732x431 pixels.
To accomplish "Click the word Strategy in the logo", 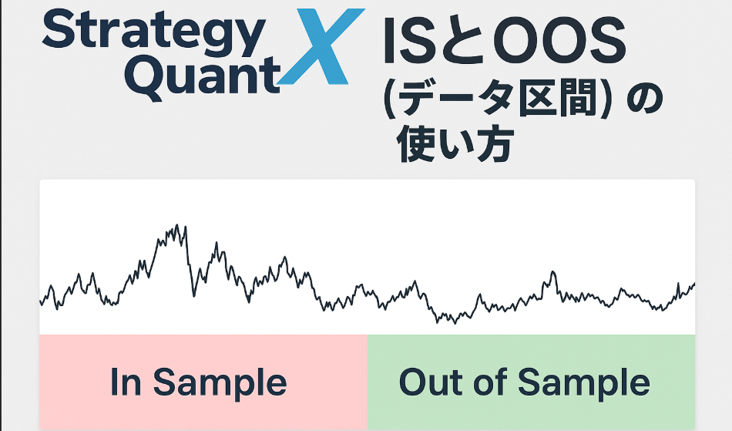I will click(x=153, y=33).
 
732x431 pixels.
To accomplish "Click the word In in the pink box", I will click(x=126, y=382).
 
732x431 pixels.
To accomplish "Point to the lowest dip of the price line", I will click(x=455, y=322).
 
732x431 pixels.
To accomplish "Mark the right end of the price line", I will click(x=694, y=284).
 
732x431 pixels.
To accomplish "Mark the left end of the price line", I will click(x=40, y=301).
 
